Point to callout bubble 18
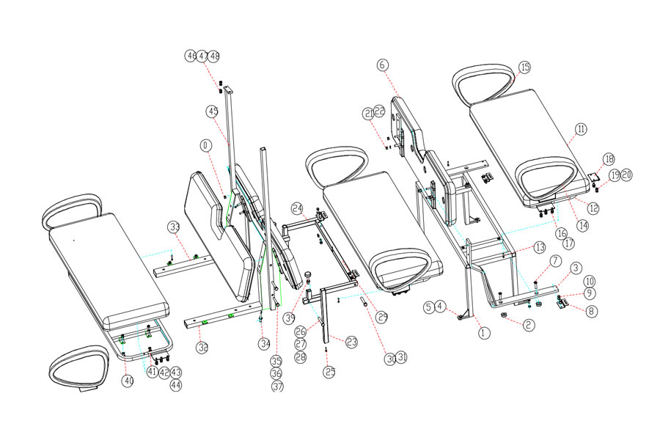(608, 160)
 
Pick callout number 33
(174, 226)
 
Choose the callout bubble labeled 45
(212, 111)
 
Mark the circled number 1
(483, 332)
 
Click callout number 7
(555, 261)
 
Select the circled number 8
(592, 310)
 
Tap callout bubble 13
(539, 247)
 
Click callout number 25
(329, 372)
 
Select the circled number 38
(202, 345)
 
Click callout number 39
(290, 318)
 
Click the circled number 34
(265, 343)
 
